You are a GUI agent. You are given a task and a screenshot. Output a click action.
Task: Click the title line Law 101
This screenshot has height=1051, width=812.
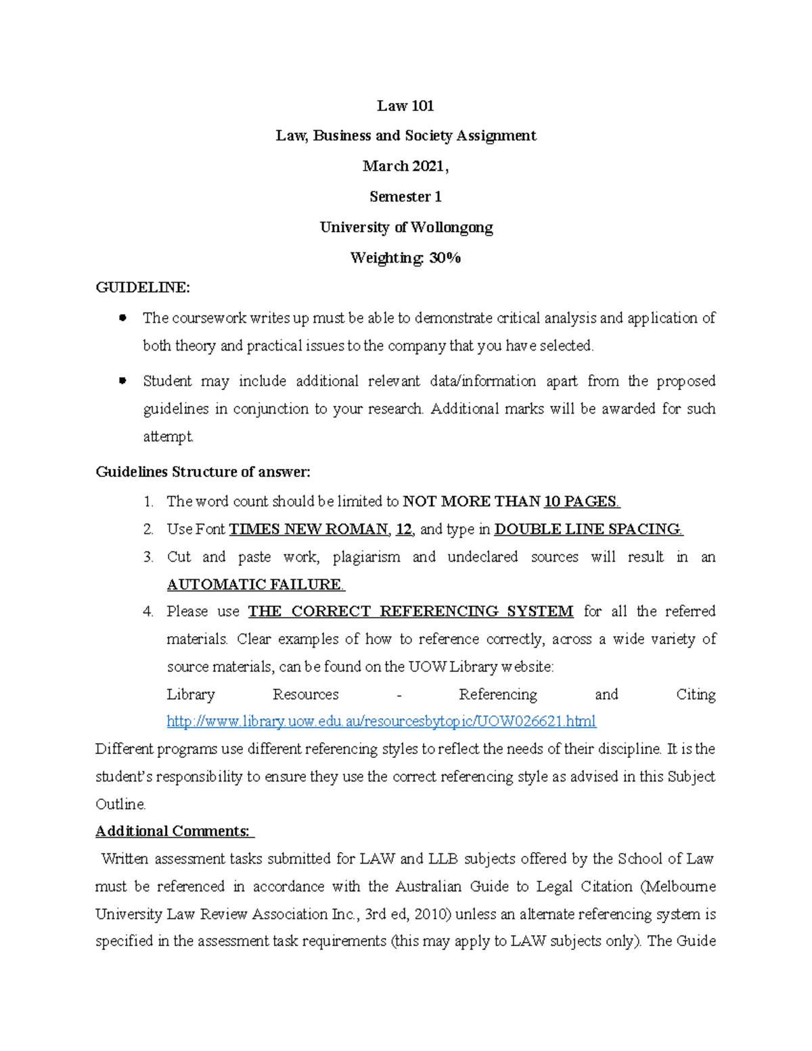405,106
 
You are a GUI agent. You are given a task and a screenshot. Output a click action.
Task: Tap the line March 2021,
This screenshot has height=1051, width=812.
405,166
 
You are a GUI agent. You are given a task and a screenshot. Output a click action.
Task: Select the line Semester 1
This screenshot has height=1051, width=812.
405,197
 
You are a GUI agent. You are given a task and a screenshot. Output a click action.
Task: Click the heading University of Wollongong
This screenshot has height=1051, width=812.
406,227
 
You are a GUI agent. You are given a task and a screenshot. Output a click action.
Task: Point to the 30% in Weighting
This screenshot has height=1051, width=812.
445,258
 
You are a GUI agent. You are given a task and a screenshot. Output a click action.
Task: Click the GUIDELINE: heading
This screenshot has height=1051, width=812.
143,288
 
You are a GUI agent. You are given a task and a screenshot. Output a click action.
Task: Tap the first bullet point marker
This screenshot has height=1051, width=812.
122,317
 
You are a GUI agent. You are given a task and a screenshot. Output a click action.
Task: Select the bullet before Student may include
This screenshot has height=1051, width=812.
122,380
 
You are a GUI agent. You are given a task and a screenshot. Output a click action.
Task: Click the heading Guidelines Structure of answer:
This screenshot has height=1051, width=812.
203,472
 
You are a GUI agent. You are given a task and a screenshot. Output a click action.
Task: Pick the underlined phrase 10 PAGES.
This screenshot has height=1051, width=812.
581,501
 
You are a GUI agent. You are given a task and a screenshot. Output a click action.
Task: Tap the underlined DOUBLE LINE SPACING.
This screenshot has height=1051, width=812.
588,529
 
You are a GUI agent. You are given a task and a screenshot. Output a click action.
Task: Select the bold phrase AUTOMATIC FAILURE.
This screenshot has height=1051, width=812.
256,584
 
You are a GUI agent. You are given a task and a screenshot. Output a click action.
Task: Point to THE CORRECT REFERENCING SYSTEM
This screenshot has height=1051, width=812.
410,612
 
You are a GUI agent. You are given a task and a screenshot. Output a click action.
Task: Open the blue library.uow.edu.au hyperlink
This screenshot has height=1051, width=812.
381,721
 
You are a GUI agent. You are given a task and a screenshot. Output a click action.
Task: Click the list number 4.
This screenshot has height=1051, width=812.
148,612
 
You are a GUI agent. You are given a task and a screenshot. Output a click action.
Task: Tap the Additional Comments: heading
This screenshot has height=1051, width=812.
173,831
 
